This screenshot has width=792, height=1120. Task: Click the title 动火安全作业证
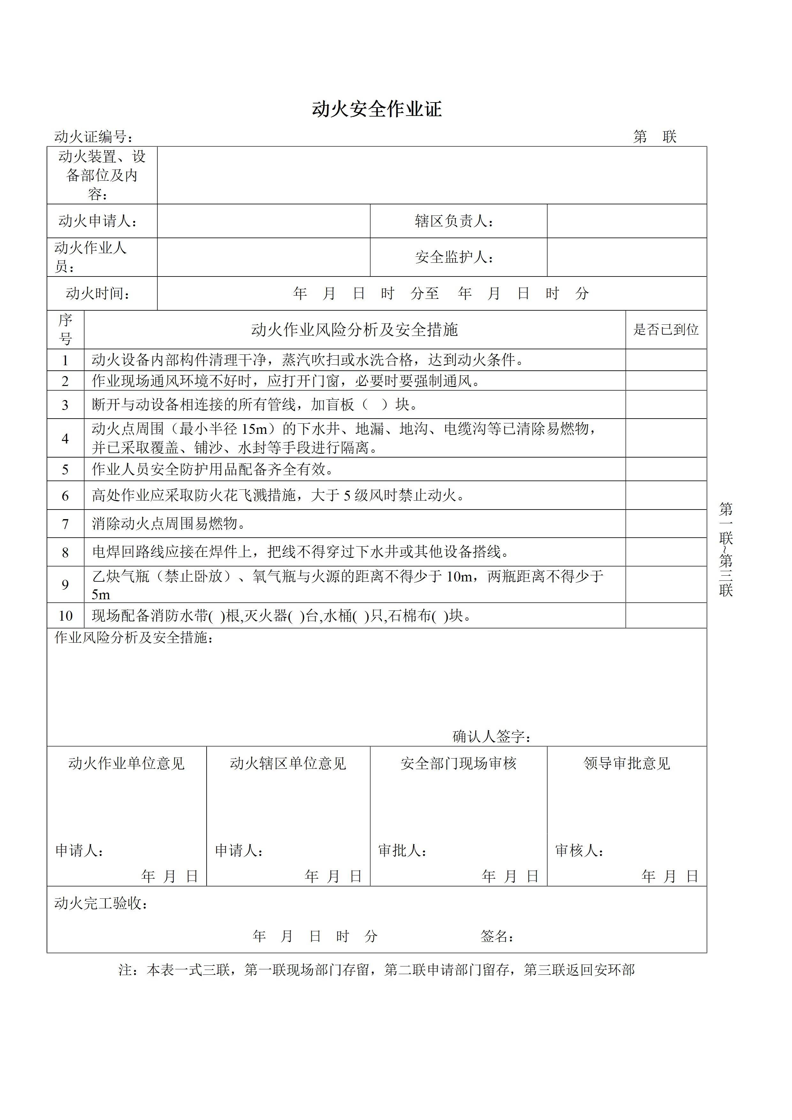click(x=377, y=109)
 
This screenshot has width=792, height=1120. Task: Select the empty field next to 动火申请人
click(x=263, y=221)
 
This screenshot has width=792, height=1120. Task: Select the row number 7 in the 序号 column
click(x=65, y=524)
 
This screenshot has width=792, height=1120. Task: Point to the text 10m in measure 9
click(x=458, y=577)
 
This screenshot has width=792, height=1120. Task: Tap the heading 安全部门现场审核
click(x=458, y=763)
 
